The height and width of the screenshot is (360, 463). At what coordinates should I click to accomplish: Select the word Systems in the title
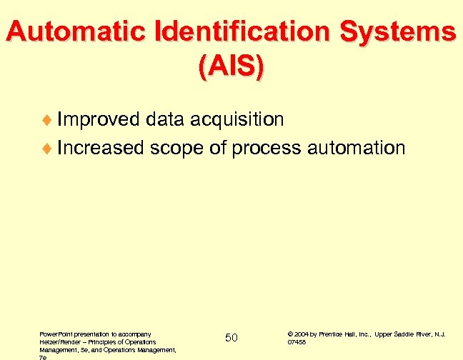tap(401, 32)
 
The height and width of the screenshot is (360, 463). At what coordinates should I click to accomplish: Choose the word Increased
tap(102, 148)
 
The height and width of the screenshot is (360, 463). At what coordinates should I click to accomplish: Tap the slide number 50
tap(231, 337)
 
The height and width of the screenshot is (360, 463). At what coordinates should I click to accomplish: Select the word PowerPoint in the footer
tap(55, 334)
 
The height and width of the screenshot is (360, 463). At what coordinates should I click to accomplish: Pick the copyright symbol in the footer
tap(290, 334)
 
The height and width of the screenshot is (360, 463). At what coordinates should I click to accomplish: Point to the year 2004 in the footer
tap(301, 334)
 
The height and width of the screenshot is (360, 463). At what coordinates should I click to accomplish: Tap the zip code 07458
tap(296, 342)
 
